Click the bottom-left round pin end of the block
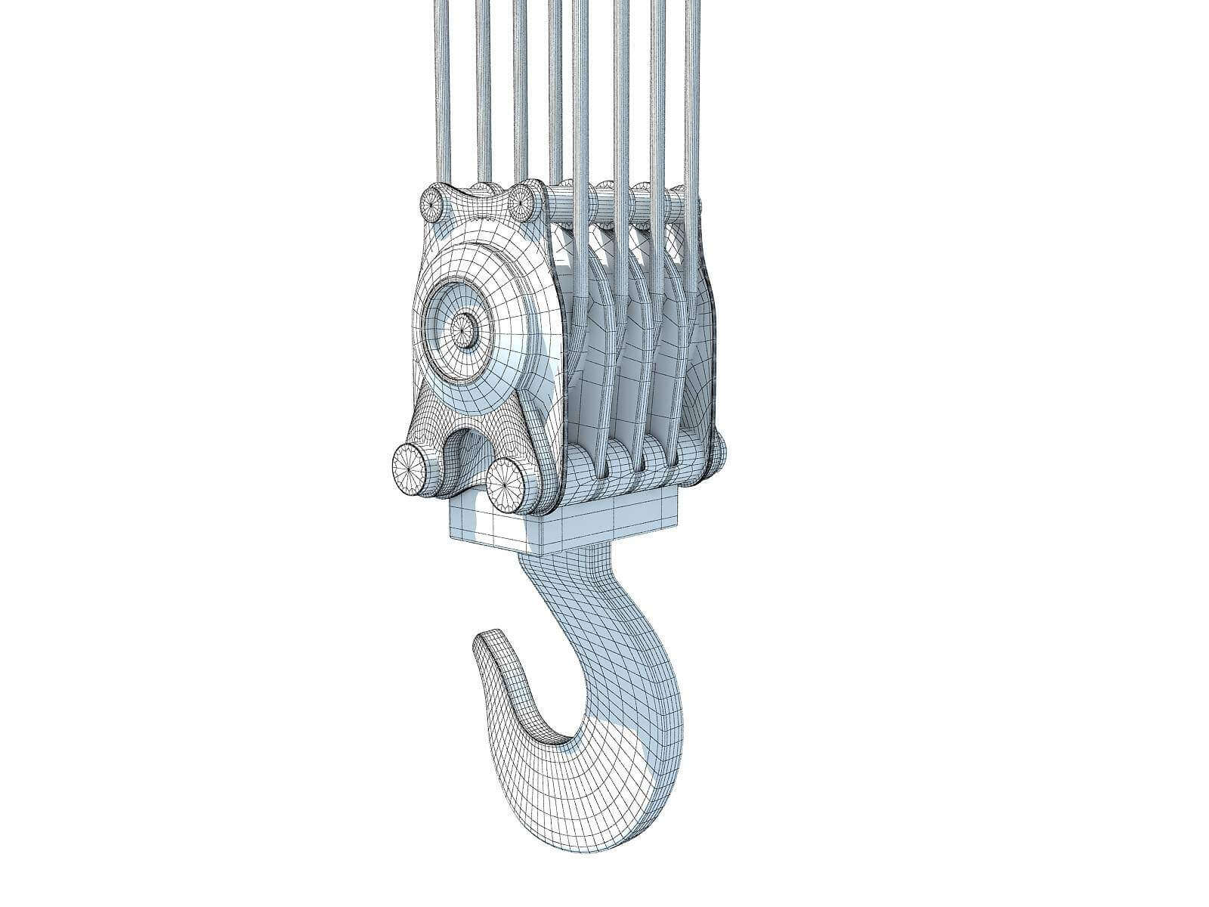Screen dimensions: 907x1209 (411, 470)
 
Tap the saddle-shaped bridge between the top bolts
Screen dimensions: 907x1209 (476, 198)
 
